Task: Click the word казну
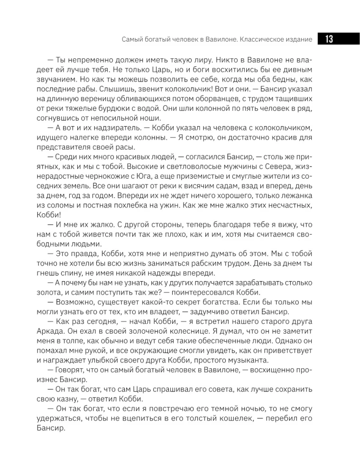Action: [66, 397]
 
